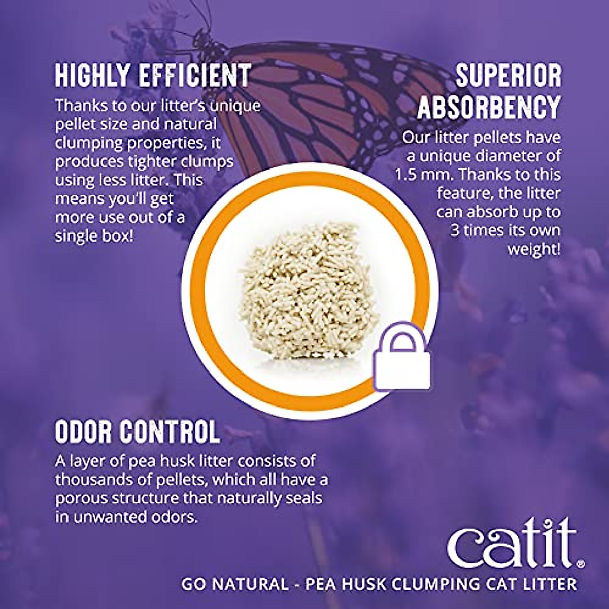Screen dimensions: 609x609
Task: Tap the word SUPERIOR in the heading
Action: [508, 76]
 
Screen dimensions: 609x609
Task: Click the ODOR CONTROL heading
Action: [138, 432]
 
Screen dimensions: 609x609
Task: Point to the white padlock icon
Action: [402, 361]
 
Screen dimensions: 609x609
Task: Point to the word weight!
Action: [534, 249]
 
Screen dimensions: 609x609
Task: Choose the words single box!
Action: [94, 236]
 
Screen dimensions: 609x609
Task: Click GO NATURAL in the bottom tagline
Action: [234, 584]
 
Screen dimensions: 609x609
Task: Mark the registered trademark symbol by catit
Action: [581, 563]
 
